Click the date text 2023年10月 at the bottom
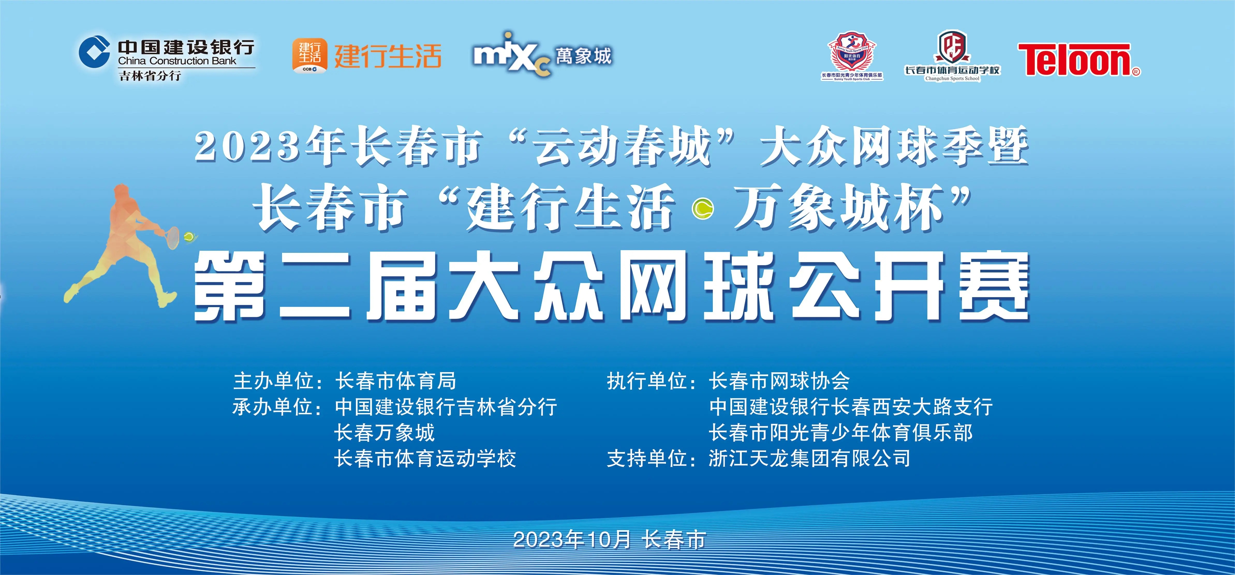[x=572, y=540]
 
